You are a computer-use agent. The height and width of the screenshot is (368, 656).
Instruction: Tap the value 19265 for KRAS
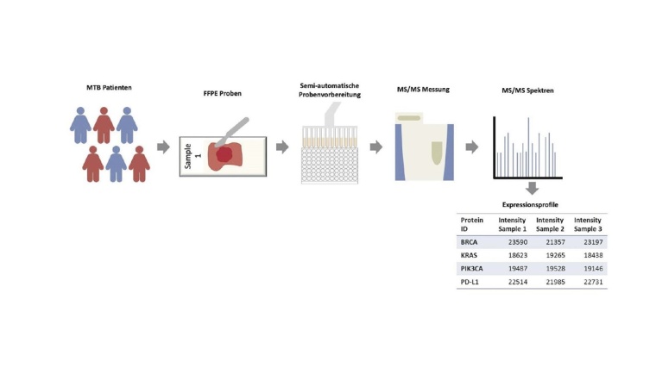(x=553, y=257)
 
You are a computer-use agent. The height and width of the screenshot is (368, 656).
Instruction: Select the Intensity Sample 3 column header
(x=588, y=224)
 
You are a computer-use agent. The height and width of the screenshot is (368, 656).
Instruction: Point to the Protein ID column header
(x=473, y=224)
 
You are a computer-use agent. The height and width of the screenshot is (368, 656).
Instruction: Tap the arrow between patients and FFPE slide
(x=163, y=147)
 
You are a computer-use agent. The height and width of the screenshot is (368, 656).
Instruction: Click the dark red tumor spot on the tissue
(x=224, y=154)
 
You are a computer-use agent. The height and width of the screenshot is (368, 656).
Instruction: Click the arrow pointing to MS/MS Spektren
(x=471, y=147)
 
